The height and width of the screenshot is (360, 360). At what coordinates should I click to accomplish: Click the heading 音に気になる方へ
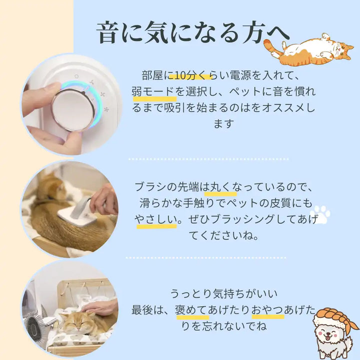point(192,32)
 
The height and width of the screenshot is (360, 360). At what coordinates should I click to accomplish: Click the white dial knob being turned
point(73,110)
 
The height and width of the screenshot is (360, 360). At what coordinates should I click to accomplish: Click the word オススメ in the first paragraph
point(283,107)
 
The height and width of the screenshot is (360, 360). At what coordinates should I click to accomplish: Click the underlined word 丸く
point(220,187)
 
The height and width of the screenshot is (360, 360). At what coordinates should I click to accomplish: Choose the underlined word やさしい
point(156,219)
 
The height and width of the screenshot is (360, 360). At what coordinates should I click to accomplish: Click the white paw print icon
point(320,214)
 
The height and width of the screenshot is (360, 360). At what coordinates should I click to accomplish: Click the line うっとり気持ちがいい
point(224,293)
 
